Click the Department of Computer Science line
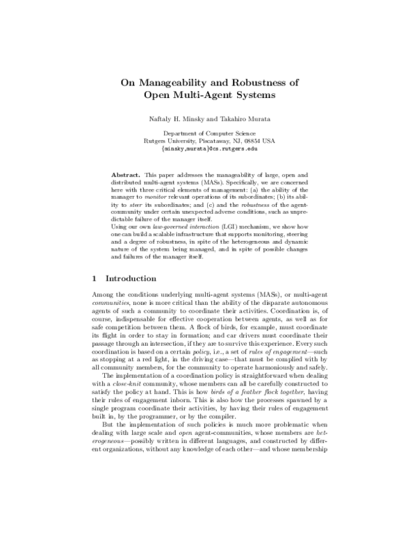tap(208, 133)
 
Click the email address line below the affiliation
tap(208, 148)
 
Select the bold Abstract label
tap(126, 172)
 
